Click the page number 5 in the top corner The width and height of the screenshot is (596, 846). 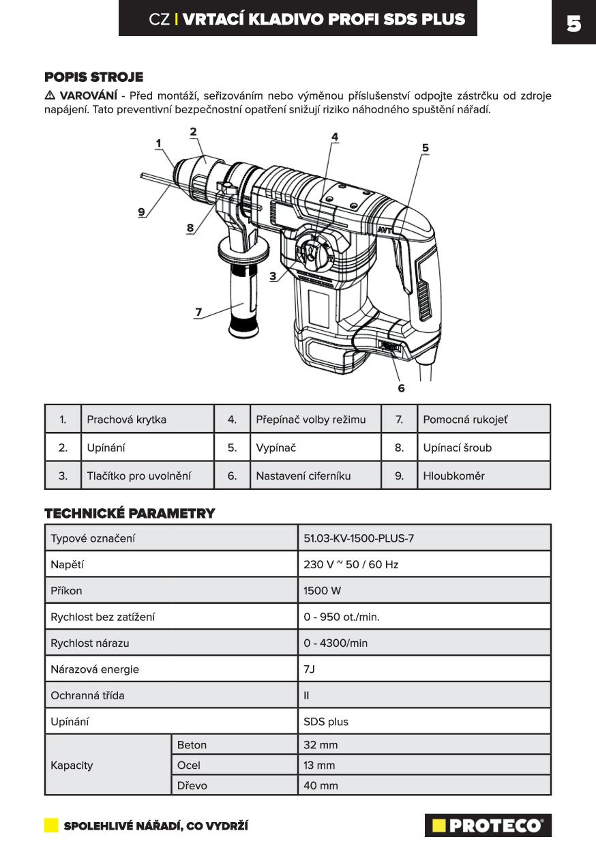[573, 24]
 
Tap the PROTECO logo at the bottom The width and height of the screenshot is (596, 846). [488, 826]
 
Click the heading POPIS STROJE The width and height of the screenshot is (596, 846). [93, 77]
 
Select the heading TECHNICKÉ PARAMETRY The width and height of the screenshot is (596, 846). [130, 513]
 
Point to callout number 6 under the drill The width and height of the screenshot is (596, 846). [401, 388]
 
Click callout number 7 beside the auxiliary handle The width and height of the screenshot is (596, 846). [198, 312]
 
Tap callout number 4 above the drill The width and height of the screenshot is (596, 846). [335, 136]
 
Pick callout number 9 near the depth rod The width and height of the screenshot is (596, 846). [142, 211]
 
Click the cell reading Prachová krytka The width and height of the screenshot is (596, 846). [126, 420]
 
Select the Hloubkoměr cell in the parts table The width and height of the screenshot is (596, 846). [453, 476]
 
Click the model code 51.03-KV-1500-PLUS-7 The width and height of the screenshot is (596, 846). [359, 538]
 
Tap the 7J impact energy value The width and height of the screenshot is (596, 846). [310, 669]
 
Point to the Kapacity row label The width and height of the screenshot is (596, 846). [72, 765]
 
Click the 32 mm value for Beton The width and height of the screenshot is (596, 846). [321, 745]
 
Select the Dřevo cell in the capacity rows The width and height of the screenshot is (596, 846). [192, 785]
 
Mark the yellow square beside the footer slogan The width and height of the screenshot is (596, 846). [51, 826]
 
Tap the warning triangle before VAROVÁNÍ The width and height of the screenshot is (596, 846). [50, 95]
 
